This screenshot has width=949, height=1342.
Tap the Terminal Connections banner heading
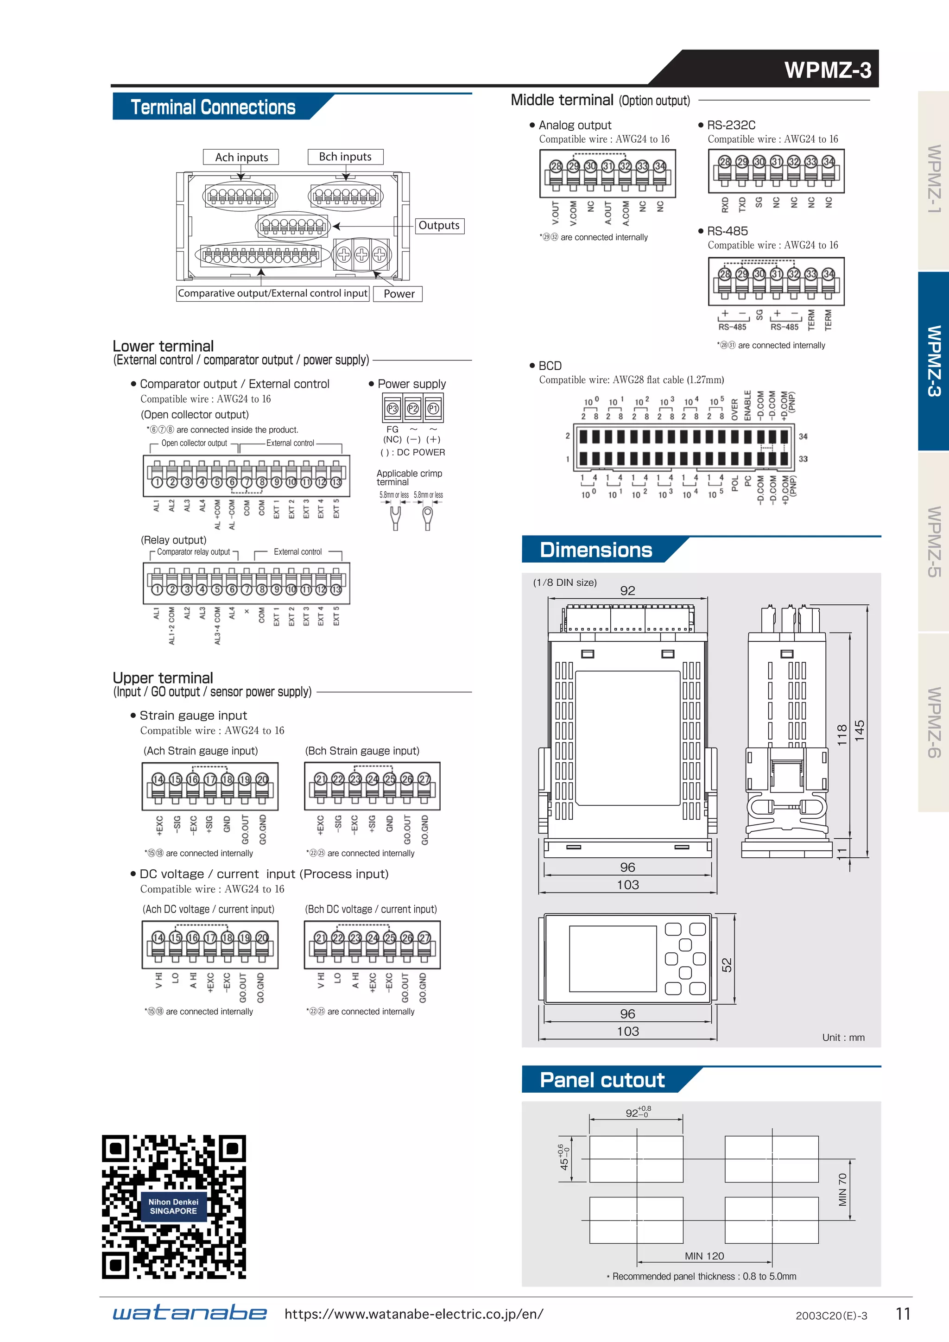pos(213,108)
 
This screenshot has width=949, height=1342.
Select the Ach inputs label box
pos(241,157)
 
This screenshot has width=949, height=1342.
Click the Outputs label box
pos(439,226)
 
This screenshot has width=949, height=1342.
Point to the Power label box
pos(399,294)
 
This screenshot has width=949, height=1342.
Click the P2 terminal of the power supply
pos(412,409)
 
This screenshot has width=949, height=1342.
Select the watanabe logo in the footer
pos(190,1313)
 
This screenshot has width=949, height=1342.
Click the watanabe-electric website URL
pos(414,1314)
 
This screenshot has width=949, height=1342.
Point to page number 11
pos(903,1314)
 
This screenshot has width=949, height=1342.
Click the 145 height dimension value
pos(860,731)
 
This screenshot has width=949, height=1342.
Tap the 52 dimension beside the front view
pos(727,964)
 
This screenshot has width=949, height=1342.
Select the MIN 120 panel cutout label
pos(704,1256)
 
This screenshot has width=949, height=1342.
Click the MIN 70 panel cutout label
pos(842,1190)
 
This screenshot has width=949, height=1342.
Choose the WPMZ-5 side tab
pos(933,541)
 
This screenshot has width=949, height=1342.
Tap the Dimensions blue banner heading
pos(595,550)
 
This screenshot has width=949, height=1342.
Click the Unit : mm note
pos(842,1038)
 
